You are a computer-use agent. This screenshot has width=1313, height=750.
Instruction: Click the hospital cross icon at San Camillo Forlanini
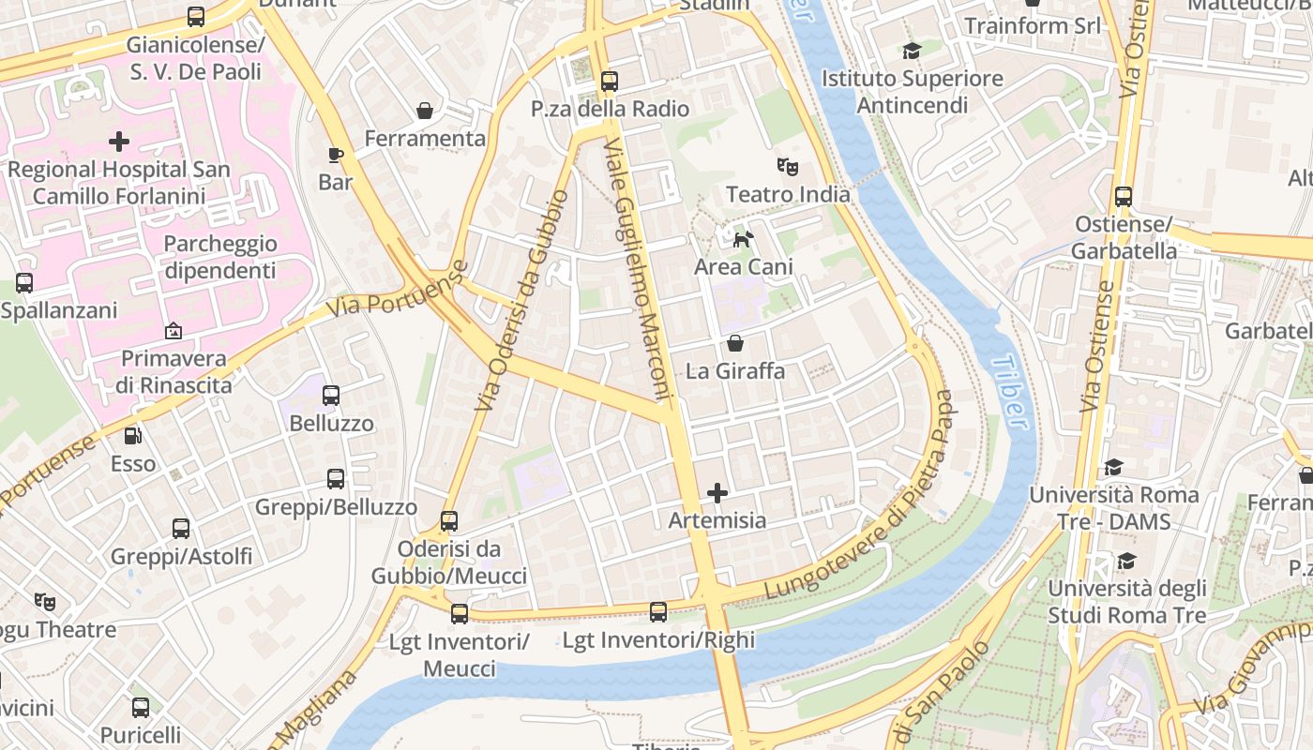pyautogui.click(x=119, y=142)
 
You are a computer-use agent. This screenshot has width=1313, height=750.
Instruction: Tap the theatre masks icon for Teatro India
pyautogui.click(x=788, y=168)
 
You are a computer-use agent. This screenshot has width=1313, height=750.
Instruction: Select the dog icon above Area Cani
pyautogui.click(x=743, y=240)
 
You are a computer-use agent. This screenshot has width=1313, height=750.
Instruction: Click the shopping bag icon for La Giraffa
pyautogui.click(x=735, y=344)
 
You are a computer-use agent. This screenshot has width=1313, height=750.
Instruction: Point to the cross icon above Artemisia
pyautogui.click(x=717, y=493)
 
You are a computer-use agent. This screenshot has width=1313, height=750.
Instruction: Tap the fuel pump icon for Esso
pyautogui.click(x=133, y=436)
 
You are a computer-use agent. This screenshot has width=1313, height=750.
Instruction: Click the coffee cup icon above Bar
pyautogui.click(x=336, y=155)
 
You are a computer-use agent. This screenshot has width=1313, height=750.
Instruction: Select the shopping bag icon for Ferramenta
pyautogui.click(x=425, y=112)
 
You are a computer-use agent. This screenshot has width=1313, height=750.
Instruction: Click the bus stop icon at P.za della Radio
pyautogui.click(x=610, y=82)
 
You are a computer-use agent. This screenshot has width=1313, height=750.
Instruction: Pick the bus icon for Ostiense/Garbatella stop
pyautogui.click(x=1124, y=197)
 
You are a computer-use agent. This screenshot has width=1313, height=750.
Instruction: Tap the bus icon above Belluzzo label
pyautogui.click(x=331, y=396)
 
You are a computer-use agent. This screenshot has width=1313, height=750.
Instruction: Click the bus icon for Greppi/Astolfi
pyautogui.click(x=181, y=529)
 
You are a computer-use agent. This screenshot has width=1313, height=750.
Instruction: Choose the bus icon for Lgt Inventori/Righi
pyautogui.click(x=658, y=612)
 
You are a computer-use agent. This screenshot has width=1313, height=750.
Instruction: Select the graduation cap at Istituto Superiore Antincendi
pyautogui.click(x=912, y=51)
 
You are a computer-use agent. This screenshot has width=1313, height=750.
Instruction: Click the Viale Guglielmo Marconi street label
pyautogui.click(x=640, y=272)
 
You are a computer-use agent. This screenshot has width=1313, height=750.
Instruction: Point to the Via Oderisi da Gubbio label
pyautogui.click(x=521, y=300)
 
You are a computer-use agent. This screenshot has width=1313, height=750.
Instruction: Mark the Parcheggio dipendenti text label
pyautogui.click(x=220, y=257)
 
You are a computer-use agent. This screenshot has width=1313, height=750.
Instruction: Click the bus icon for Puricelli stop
pyautogui.click(x=141, y=708)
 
